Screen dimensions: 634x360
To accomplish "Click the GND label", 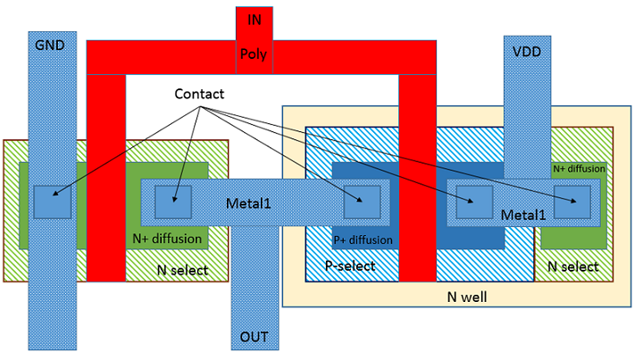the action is coord(50,45).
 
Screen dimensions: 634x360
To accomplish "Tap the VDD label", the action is coord(527,52).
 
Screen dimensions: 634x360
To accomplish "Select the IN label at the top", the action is coord(254,20).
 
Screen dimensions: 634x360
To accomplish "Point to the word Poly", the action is coord(254,54).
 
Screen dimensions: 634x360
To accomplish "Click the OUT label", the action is coord(254,337).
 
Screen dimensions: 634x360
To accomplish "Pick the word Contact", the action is coord(199,94).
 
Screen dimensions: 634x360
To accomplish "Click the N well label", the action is coord(467,297).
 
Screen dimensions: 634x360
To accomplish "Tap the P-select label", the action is coord(350,265).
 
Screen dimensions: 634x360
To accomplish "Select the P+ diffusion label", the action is coord(363,240).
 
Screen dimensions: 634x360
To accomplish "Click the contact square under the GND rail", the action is coord(52,202).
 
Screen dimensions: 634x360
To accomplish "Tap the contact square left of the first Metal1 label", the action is coord(173,201).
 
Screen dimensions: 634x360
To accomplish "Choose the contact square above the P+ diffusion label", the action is coord(362,202).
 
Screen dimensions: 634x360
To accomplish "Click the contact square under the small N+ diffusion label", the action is coord(571,201).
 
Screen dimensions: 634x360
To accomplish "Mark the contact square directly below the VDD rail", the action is coord(475,202).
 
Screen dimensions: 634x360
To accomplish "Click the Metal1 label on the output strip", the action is coord(248,203).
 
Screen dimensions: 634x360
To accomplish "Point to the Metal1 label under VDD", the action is coord(523,214).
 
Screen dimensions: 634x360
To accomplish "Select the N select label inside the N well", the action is coord(573,266).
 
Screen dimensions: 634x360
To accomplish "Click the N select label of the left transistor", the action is coord(182,270).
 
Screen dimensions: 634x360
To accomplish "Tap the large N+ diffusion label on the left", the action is coord(167,239).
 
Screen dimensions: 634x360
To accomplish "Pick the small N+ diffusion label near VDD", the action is coord(579,169).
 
